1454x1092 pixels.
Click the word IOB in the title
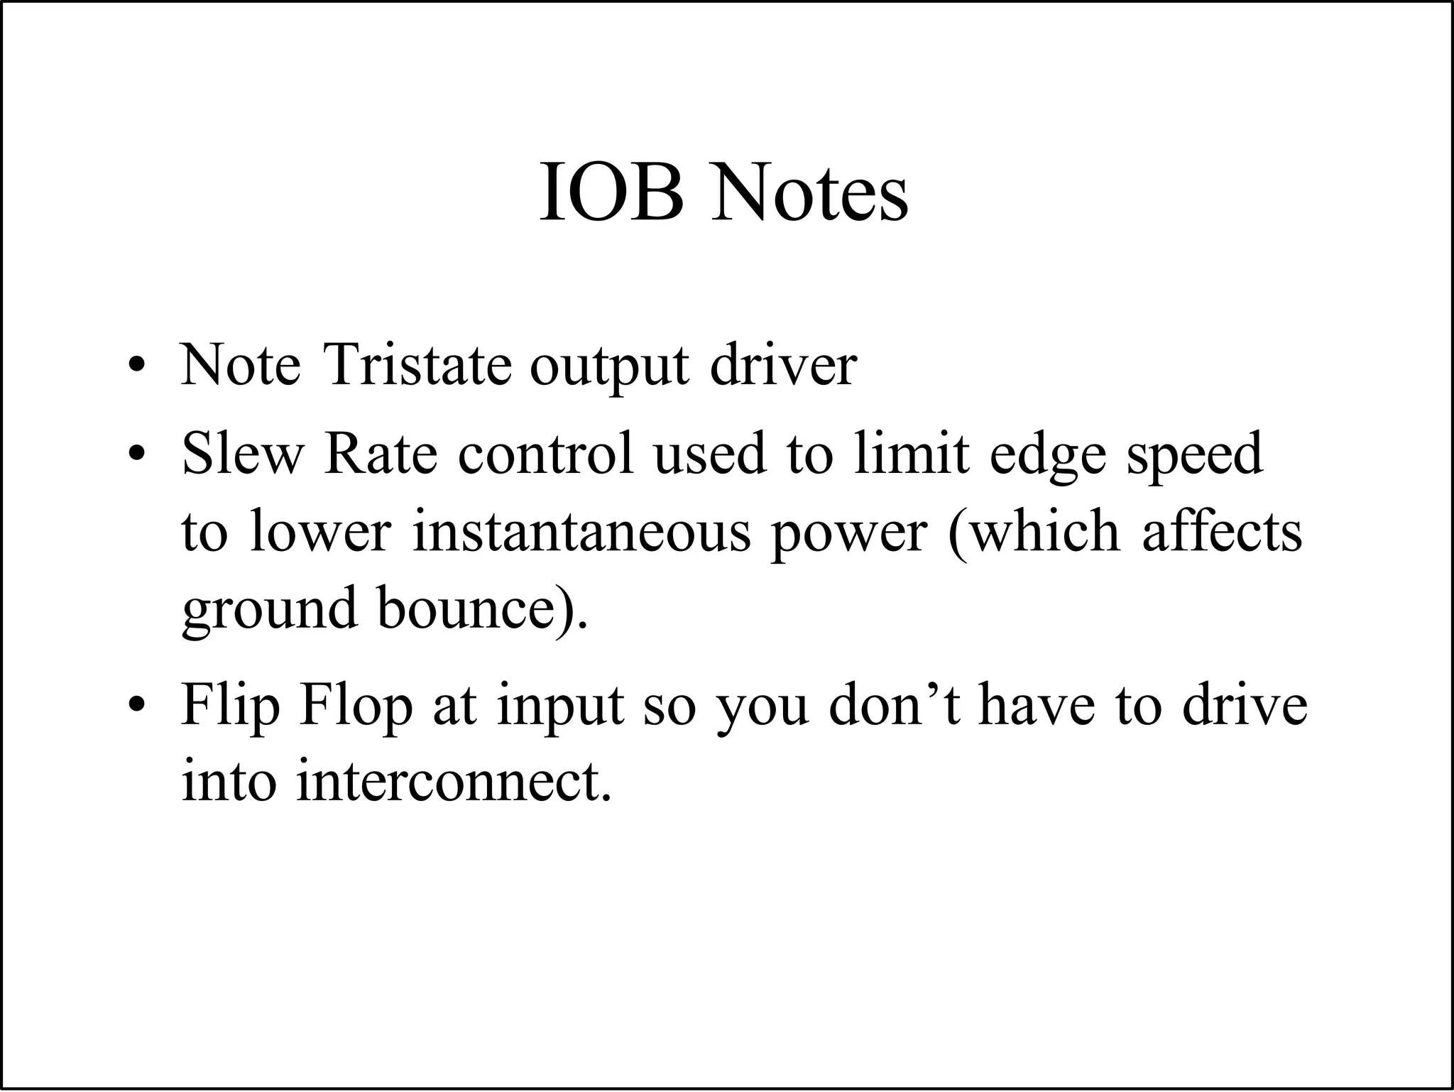(x=612, y=192)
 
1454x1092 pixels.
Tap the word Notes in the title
(x=810, y=192)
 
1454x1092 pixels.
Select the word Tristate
(x=417, y=365)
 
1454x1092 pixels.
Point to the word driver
(x=783, y=365)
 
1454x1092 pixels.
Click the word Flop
(x=356, y=706)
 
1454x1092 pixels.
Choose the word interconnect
(x=452, y=781)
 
